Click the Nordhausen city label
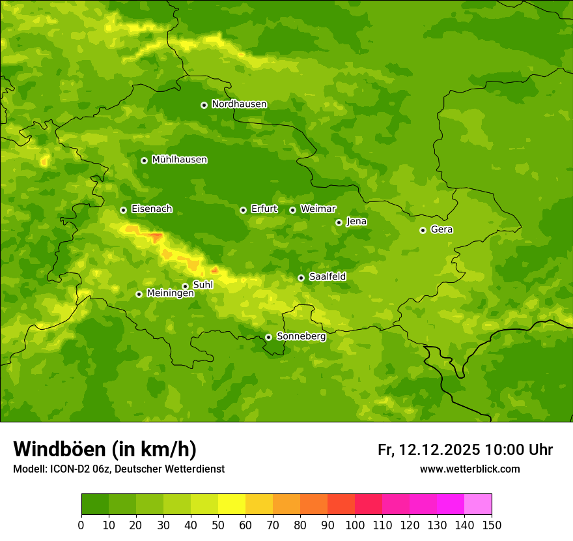[239, 104]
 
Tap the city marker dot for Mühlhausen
[144, 160]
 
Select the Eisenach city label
[152, 209]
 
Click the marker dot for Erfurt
[243, 210]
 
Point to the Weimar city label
[318, 209]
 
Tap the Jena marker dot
[339, 222]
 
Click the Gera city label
[441, 229]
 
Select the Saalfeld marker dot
[301, 278]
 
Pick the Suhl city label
[203, 285]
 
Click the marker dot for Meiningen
[139, 294]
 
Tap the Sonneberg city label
[301, 336]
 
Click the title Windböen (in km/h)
[105, 449]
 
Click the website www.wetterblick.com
[469, 469]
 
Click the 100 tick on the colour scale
[355, 524]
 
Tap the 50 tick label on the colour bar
[218, 524]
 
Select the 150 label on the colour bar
[492, 524]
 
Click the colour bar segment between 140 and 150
[478, 504]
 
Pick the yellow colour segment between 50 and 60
[232, 504]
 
